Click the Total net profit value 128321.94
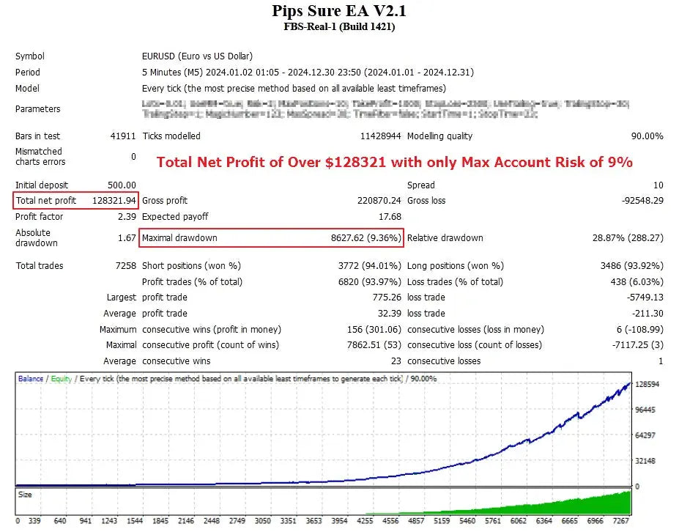point(114,201)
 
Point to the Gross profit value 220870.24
point(376,201)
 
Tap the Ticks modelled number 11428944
point(380,136)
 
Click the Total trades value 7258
point(125,266)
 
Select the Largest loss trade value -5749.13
point(643,298)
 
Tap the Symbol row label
point(30,56)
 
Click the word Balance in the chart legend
point(31,379)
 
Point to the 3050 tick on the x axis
point(263,522)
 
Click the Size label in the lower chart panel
point(25,495)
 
